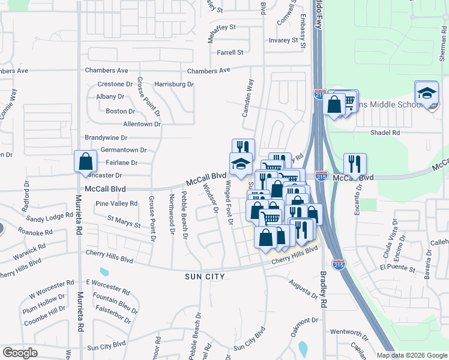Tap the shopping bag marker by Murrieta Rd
tap(86, 161)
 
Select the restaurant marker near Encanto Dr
tap(354, 164)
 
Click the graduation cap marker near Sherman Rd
tap(426, 93)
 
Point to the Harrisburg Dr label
tap(174, 85)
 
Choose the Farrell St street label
tap(230, 53)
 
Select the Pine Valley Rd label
tap(116, 204)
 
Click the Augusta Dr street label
tap(302, 289)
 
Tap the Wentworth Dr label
tap(349, 332)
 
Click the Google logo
tap(20, 353)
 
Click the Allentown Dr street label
tap(142, 124)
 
